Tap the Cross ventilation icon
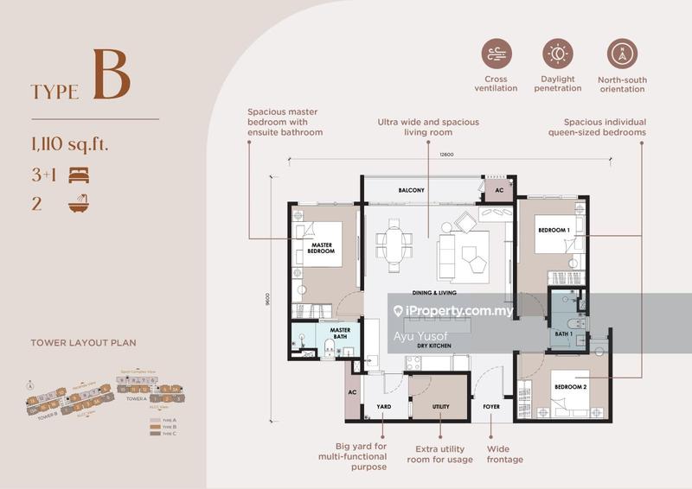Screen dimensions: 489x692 (497, 54)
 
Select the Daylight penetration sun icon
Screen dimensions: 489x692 (558, 54)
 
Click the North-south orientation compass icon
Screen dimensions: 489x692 (621, 54)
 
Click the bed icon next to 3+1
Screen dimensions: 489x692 (80, 175)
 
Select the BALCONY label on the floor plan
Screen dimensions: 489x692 (411, 190)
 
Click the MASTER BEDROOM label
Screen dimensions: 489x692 (322, 249)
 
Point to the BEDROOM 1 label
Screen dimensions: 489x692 (554, 231)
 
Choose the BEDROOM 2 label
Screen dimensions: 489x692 (570, 387)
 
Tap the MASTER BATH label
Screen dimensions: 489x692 (340, 333)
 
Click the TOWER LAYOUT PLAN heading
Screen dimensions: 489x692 (83, 343)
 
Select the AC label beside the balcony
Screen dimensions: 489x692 (498, 191)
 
